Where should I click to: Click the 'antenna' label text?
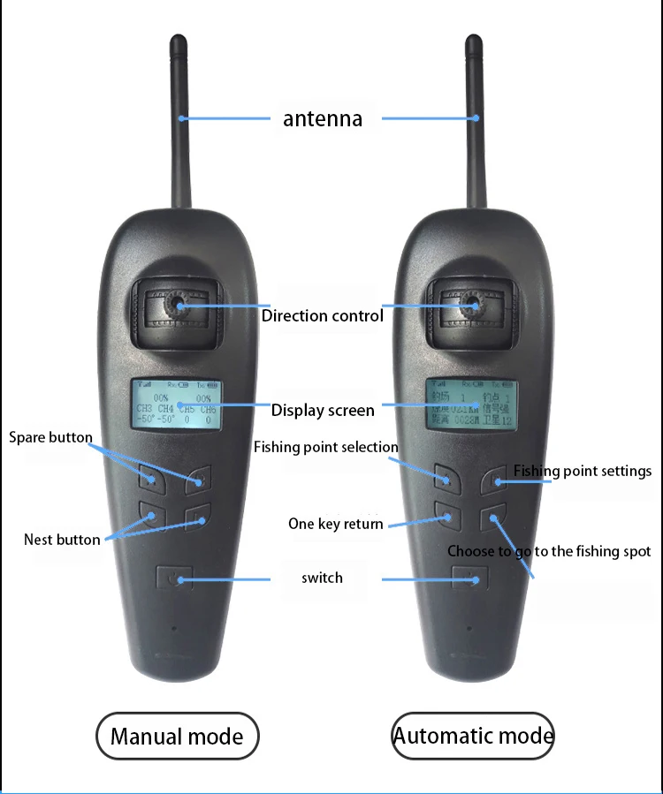[323, 118]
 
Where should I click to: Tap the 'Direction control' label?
[323, 315]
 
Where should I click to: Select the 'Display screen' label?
[323, 410]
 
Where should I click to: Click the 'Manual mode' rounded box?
[177, 735]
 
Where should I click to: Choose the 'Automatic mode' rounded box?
[474, 735]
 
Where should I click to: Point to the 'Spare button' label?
[50, 437]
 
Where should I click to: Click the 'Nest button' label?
[62, 539]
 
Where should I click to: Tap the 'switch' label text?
[322, 578]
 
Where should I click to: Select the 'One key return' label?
[336, 524]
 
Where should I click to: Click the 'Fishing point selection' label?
[325, 447]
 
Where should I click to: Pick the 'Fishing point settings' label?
[583, 471]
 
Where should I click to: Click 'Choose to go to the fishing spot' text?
[549, 551]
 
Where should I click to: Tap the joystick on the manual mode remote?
[178, 305]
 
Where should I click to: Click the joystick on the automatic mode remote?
[472, 305]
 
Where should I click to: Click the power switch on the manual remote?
[179, 579]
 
